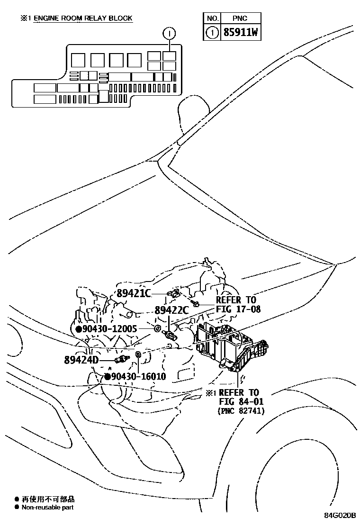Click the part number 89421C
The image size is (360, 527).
coord(134,293)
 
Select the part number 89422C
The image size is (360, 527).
coord(172,310)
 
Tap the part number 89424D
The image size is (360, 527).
coord(81,359)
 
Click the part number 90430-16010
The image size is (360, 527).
coord(138,377)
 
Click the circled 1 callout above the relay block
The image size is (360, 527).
coord(169,33)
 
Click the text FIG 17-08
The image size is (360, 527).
coord(238,309)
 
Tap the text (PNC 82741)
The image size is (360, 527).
coord(241,411)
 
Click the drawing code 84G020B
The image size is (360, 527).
coord(340,515)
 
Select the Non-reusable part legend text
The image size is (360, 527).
coord(47,507)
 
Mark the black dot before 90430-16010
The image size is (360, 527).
coord(107,377)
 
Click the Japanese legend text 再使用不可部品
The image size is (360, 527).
coord(48,499)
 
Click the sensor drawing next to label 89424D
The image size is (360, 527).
coord(122,359)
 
